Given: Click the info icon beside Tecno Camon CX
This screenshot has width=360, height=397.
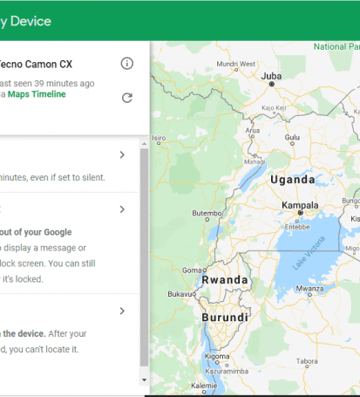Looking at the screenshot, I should (127, 63).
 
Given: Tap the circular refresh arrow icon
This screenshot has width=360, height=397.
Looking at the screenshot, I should (127, 97).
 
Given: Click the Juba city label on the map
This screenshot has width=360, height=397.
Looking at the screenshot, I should (271, 76).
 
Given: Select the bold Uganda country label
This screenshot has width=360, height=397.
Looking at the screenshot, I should (293, 180).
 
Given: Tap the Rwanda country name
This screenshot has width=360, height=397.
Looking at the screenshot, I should (225, 281).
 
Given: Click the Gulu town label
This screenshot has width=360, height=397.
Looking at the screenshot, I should (292, 137).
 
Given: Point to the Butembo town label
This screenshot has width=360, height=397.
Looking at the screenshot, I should (207, 213).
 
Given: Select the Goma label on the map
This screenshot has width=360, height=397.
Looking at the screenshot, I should (192, 270).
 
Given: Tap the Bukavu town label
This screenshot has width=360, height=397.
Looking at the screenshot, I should (181, 295).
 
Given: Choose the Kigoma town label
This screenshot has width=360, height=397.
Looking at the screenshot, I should (216, 357).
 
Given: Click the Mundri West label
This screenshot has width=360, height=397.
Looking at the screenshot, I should (235, 64).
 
